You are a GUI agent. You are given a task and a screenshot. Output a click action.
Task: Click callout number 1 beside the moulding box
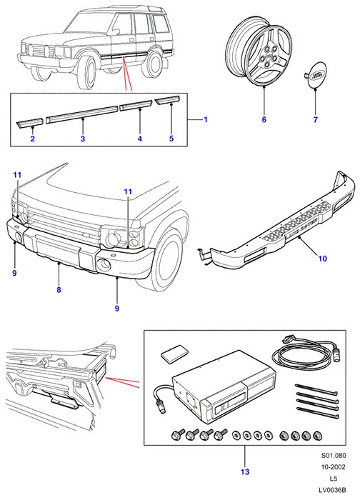tap(206, 119)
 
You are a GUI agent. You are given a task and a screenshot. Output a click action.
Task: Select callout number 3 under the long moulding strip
tap(83, 139)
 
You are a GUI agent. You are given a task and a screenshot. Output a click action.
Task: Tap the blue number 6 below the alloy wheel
tap(264, 119)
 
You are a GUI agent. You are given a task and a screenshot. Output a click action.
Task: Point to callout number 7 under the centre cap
tap(316, 119)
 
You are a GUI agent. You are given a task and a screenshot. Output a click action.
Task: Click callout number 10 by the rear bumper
tap(323, 259)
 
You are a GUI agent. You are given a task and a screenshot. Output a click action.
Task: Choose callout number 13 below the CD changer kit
tap(245, 471)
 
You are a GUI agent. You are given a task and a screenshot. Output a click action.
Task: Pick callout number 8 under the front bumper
tap(59, 290)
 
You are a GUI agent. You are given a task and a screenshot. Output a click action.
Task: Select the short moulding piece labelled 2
tap(30, 123)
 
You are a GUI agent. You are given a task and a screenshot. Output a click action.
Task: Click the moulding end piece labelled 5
tap(168, 101)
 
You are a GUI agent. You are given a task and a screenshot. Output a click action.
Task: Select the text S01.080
tap(334, 456)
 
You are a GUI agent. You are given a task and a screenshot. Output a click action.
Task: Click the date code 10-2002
tap(334, 467)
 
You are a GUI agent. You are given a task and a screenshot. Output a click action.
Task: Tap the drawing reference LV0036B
tap(332, 490)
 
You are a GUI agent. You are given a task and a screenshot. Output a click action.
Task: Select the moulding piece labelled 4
tap(135, 106)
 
